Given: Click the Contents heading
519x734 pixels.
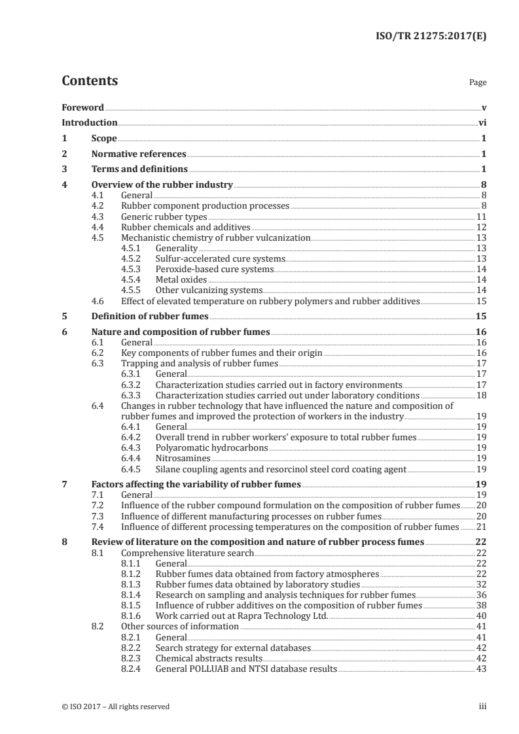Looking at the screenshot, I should click(x=90, y=81).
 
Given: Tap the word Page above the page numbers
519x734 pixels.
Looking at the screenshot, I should click(x=478, y=83).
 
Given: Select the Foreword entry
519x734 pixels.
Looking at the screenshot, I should click(x=82, y=107).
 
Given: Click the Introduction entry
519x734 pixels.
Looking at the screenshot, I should click(x=90, y=122).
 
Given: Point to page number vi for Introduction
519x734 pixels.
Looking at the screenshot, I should click(x=482, y=122).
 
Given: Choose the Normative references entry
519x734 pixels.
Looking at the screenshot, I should click(x=139, y=154).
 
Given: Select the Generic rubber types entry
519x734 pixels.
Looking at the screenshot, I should click(x=164, y=217).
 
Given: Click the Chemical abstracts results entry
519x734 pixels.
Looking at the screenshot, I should click(x=209, y=658).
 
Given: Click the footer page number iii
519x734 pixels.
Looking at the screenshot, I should click(x=482, y=707).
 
